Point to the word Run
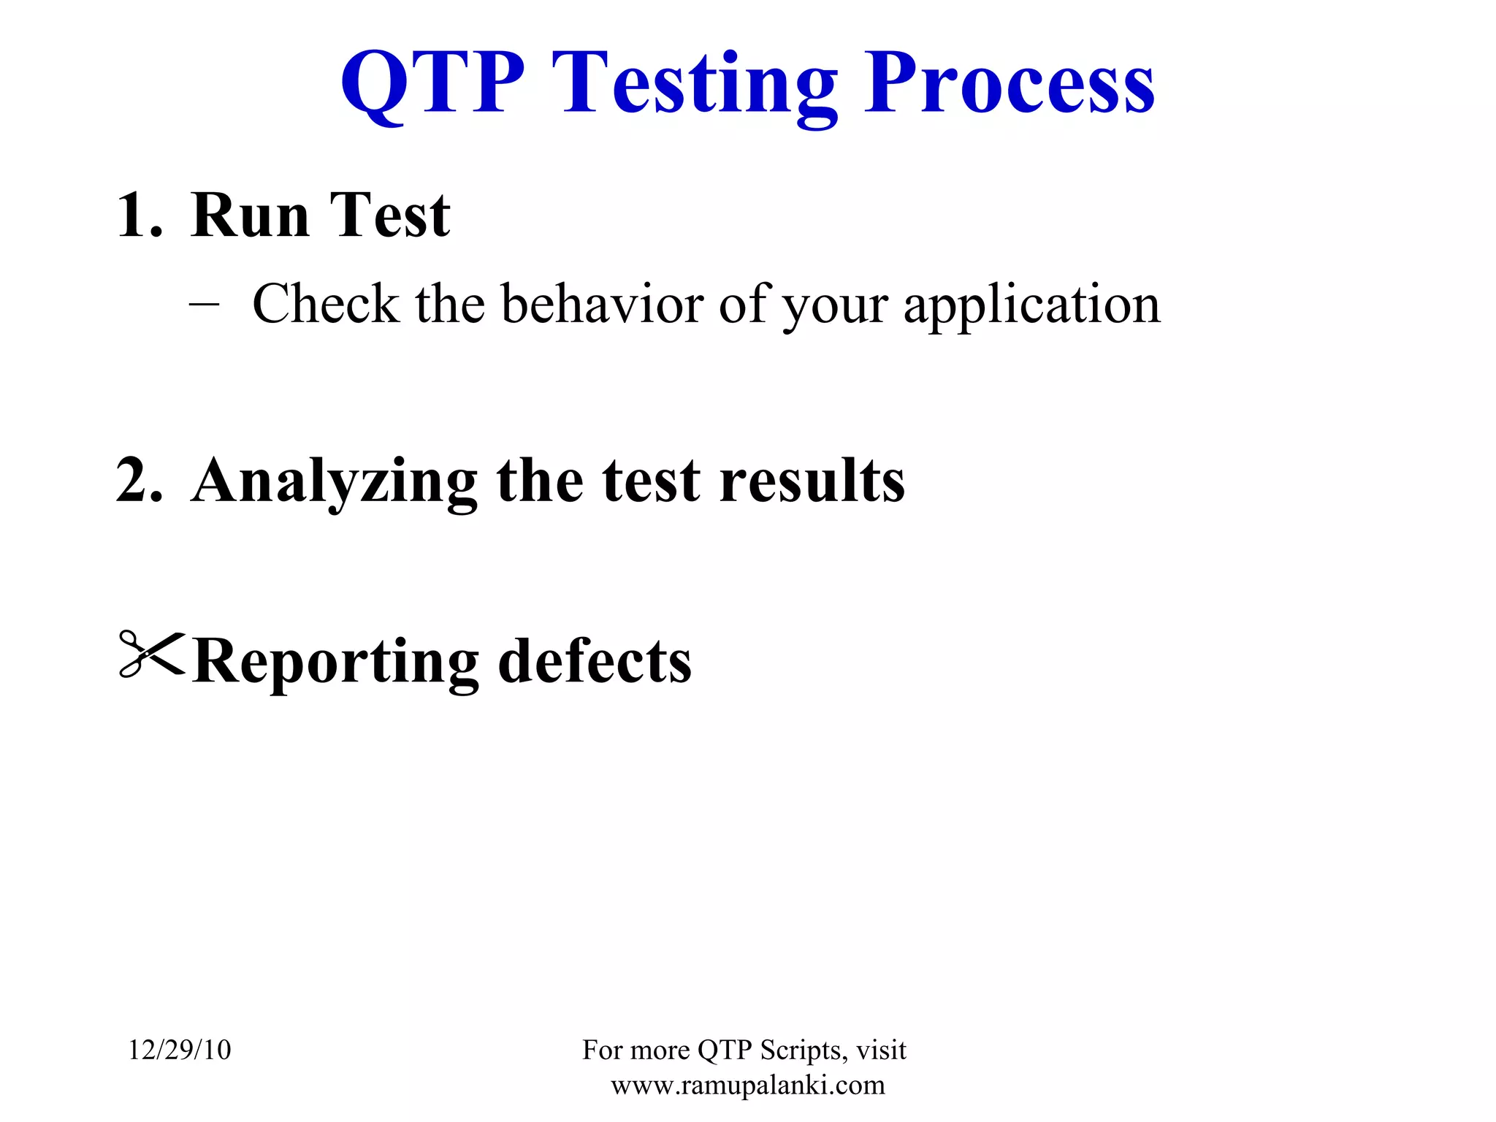pyautogui.click(x=250, y=215)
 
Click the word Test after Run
pyautogui.click(x=389, y=215)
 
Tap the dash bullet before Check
pyautogui.click(x=204, y=304)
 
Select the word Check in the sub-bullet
pyautogui.click(x=326, y=304)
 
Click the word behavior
pyautogui.click(x=602, y=304)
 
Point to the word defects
pyautogui.click(x=595, y=660)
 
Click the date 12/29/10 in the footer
pyautogui.click(x=180, y=1050)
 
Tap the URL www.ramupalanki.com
pyautogui.click(x=747, y=1085)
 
